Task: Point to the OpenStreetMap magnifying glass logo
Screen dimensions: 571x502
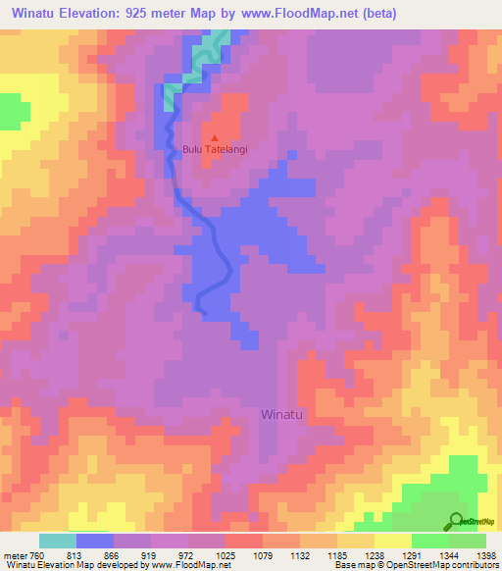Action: [456, 520]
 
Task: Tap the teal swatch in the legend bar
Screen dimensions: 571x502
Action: [58, 541]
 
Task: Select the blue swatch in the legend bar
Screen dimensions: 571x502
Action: [95, 541]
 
